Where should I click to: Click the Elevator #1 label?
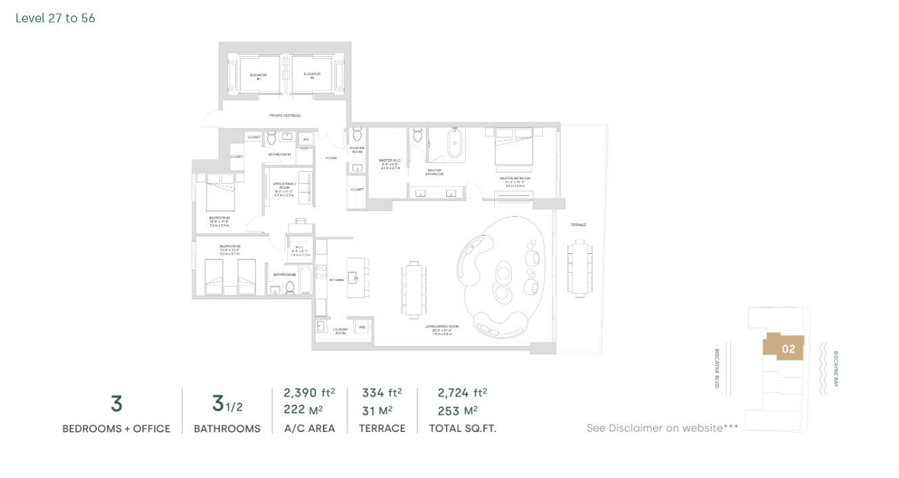click(258, 76)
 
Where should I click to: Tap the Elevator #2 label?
click(311, 76)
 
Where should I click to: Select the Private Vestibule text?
click(284, 116)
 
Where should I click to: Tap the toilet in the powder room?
click(357, 135)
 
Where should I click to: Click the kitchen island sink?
click(355, 278)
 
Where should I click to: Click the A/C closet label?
click(305, 139)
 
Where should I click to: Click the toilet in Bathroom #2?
click(290, 287)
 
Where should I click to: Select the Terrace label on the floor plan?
click(577, 225)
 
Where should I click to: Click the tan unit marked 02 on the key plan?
click(784, 348)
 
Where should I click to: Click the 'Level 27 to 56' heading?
click(56, 18)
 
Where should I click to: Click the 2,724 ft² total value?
click(462, 393)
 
